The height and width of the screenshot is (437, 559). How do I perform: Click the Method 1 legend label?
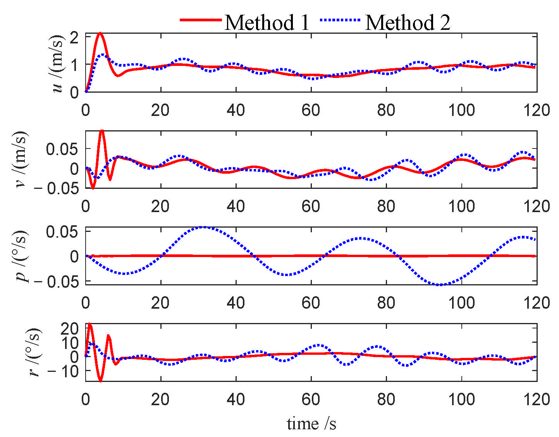pos(267,22)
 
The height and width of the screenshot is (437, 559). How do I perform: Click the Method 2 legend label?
pos(408,22)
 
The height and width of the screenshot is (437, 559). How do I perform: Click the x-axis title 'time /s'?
pos(311,423)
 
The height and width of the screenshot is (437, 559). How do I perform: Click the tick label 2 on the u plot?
pos(75,37)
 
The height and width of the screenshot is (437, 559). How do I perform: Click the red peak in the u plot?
pos(100,33)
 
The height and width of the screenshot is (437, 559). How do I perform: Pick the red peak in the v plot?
pos(102,131)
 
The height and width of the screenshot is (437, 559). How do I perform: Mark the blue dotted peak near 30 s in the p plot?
pos(204,227)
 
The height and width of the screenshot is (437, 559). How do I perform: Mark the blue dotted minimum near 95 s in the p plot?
pos(440,285)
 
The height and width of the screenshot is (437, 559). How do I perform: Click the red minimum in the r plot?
pos(101,381)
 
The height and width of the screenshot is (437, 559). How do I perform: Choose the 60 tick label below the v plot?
pos(311,207)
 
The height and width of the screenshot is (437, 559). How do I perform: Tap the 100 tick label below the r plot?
pos(461,399)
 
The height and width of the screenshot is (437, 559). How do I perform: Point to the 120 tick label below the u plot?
pos(537,111)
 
